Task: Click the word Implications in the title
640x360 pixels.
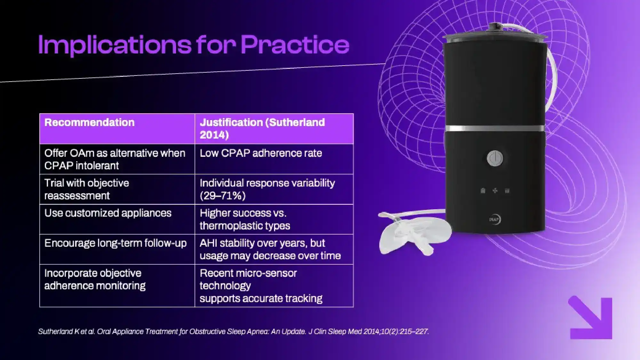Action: pos(115,45)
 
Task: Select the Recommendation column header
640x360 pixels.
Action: pos(117,129)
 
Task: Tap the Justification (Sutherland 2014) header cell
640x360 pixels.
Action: pos(274,129)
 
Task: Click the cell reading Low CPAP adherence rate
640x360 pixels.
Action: pos(274,159)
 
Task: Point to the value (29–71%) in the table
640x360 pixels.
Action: pos(223,196)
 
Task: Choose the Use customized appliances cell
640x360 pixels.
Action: pos(117,219)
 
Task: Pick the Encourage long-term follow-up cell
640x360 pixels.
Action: pos(117,249)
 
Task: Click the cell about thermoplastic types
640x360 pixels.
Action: pos(274,219)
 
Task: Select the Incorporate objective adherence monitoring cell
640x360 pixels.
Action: pos(117,286)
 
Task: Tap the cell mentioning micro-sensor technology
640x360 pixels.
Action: pos(274,286)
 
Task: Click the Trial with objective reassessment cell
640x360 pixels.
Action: pos(117,189)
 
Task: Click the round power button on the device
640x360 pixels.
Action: pos(495,158)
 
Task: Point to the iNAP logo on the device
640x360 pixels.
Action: pos(495,220)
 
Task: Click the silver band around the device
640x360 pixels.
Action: pos(495,129)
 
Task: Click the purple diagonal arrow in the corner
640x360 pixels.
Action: pos(590,318)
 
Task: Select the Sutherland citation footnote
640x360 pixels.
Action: pos(234,332)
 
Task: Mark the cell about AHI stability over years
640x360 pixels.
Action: pos(274,249)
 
